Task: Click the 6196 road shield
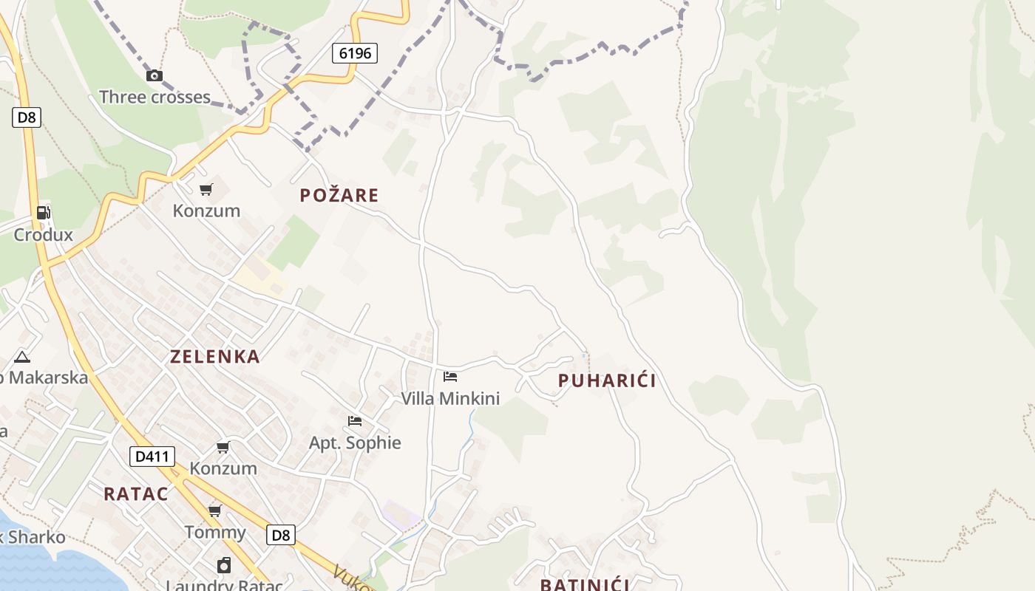pos(355,53)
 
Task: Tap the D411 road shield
pos(152,457)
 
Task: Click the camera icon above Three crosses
pos(154,75)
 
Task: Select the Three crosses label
pos(155,97)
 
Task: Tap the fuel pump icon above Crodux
pos(44,213)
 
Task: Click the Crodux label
pos(44,235)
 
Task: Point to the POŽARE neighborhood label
pos(339,195)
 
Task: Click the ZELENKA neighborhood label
pos(215,357)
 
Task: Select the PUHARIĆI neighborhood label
pos(607,381)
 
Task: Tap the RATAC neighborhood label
pos(136,494)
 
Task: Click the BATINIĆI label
pos(585,584)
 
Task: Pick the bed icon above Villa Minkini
pos(449,377)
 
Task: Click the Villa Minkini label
pos(450,399)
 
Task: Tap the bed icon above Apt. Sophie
pos(355,421)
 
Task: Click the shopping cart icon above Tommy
pos(214,510)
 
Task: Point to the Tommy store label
pos(215,532)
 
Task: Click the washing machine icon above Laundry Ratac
pos(224,566)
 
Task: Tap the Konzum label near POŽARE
pos(206,211)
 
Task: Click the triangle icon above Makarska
pos(22,358)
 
